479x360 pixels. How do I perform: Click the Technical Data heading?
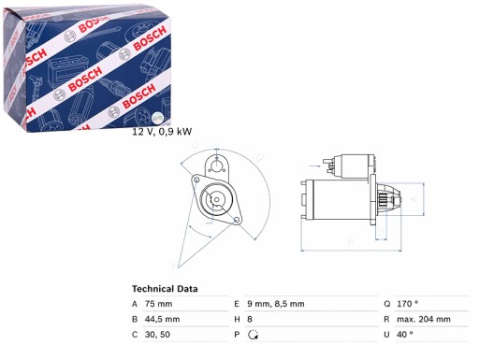171,289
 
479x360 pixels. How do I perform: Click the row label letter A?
136,303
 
